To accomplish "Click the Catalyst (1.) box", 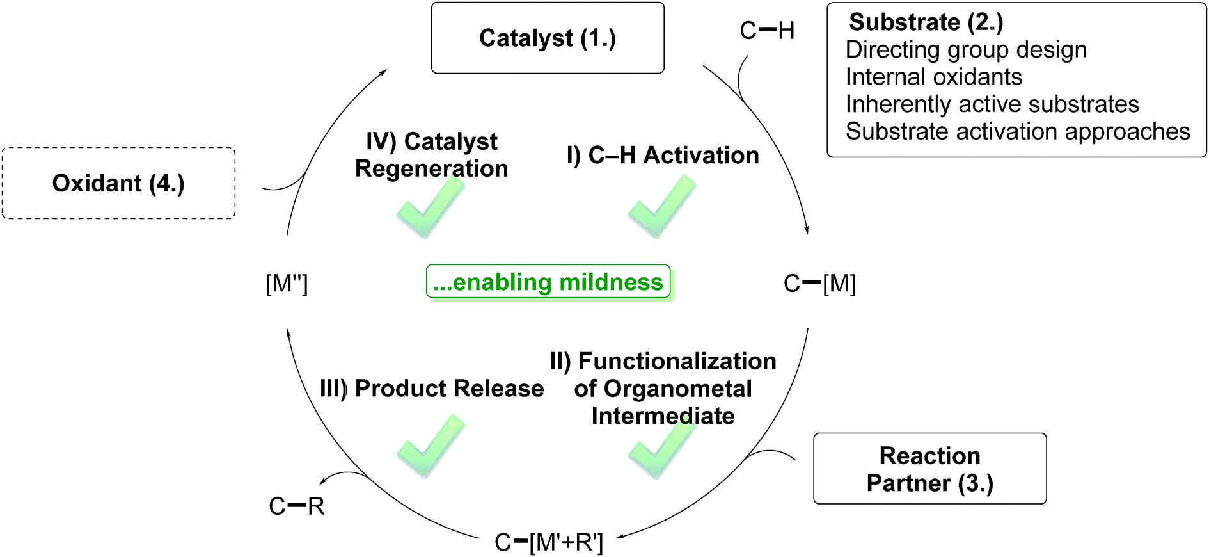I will (x=548, y=38).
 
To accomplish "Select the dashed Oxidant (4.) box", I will (x=118, y=184).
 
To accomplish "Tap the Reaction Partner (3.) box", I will (x=929, y=469).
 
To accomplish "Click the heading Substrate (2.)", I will (x=926, y=22).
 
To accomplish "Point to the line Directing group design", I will (x=966, y=50).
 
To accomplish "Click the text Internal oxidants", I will (x=933, y=77).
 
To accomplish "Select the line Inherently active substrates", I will (x=992, y=104).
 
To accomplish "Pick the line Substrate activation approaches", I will (x=1018, y=131).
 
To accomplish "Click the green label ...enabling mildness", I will (x=548, y=282).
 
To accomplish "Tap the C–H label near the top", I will (x=766, y=31).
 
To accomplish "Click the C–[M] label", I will (x=819, y=284).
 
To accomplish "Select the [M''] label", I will (x=287, y=284).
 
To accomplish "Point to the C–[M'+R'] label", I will (x=549, y=542).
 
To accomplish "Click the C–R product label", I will (x=297, y=506).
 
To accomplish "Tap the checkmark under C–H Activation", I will (x=661, y=206).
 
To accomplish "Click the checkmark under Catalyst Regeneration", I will (x=430, y=206).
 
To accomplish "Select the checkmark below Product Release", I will (x=430, y=446).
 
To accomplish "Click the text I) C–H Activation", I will (x=663, y=156).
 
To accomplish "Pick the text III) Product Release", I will (x=432, y=389).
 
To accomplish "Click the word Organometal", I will (x=678, y=389).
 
